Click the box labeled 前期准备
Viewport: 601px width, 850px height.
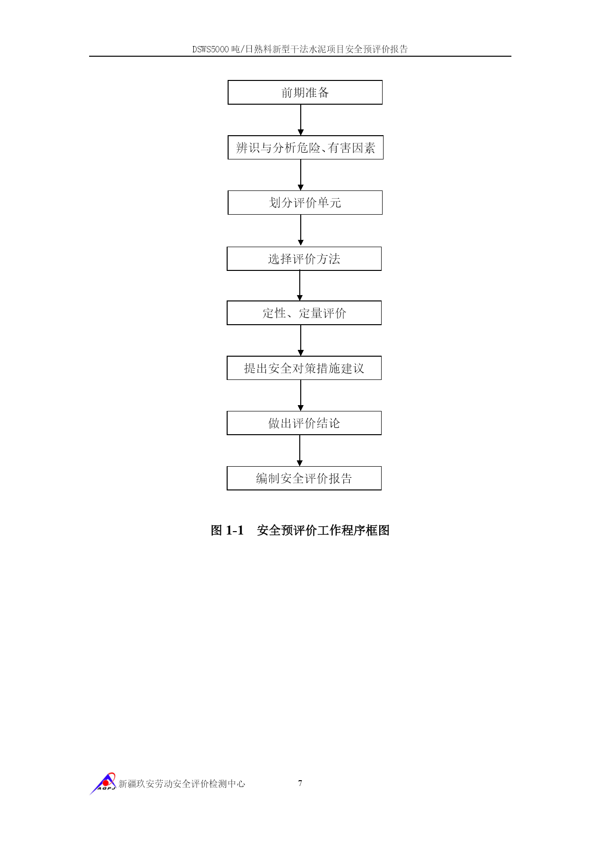(305, 92)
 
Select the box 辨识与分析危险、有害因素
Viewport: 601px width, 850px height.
(306, 147)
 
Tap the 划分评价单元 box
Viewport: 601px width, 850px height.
(305, 203)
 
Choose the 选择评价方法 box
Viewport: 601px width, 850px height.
(304, 259)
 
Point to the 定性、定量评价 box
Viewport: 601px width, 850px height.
(304, 313)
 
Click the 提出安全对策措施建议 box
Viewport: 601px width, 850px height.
(304, 368)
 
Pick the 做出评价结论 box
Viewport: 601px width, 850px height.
(304, 423)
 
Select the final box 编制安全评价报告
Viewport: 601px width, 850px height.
(304, 478)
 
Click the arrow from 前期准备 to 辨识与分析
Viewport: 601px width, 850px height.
(301, 120)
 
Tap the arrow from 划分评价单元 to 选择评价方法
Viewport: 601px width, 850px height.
(301, 231)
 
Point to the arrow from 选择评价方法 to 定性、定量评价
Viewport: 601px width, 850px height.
(300, 286)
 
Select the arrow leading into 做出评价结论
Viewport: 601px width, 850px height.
(301, 395)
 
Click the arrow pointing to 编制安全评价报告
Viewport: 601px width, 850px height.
(300, 451)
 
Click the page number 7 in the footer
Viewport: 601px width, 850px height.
(300, 783)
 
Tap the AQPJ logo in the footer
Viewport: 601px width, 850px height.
(103, 783)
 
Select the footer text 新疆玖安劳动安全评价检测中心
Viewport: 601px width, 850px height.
(182, 784)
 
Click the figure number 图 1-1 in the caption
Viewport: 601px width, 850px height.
(227, 530)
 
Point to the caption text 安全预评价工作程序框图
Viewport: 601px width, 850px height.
(323, 530)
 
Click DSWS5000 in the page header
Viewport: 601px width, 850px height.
(211, 49)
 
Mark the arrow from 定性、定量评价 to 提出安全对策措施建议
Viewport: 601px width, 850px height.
(301, 341)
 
